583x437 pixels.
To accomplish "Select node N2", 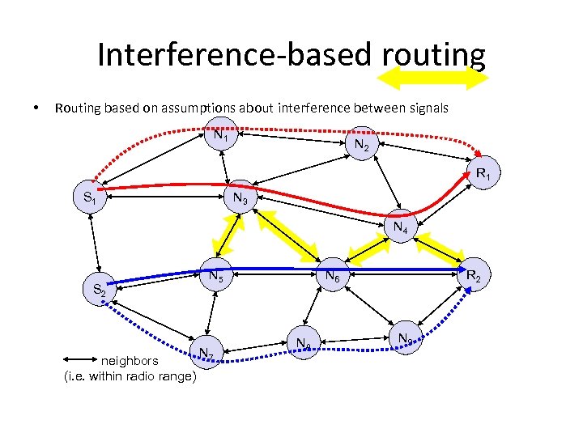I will [x=361, y=146].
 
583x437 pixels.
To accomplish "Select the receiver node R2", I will [x=473, y=276].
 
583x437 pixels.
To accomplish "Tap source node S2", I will [x=100, y=289].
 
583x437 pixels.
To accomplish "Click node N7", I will [x=206, y=353].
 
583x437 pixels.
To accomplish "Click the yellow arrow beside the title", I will [x=434, y=77].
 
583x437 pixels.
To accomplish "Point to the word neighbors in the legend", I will [x=130, y=361].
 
